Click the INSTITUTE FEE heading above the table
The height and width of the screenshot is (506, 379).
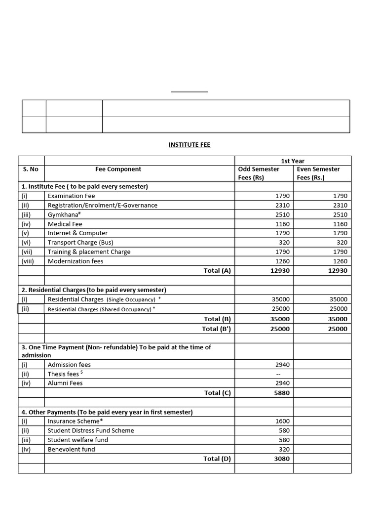tap(189, 145)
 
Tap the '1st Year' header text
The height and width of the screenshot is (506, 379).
tap(293, 161)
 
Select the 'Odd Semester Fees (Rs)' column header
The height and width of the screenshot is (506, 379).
tap(259, 173)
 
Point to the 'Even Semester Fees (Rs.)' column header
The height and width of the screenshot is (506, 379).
tap(318, 173)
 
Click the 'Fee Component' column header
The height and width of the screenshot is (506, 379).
tap(118, 169)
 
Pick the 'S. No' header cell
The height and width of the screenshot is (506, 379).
tap(31, 169)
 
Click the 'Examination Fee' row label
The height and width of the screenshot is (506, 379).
tap(71, 196)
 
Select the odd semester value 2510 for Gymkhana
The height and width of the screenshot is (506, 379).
tap(283, 214)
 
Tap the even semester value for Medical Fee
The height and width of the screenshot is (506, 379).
tap(340, 224)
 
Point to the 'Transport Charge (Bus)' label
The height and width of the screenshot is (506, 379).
tap(80, 243)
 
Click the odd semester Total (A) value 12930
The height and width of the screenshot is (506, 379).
tap(280, 270)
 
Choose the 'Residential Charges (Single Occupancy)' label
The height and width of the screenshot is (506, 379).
tap(101, 299)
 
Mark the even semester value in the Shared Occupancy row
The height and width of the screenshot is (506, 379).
tap(338, 309)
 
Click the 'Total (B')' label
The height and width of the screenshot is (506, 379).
tap(216, 329)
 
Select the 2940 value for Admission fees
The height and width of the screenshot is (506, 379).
tap(283, 365)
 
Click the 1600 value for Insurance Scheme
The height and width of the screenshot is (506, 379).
tap(283, 421)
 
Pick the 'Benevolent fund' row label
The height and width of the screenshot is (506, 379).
tap(71, 449)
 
